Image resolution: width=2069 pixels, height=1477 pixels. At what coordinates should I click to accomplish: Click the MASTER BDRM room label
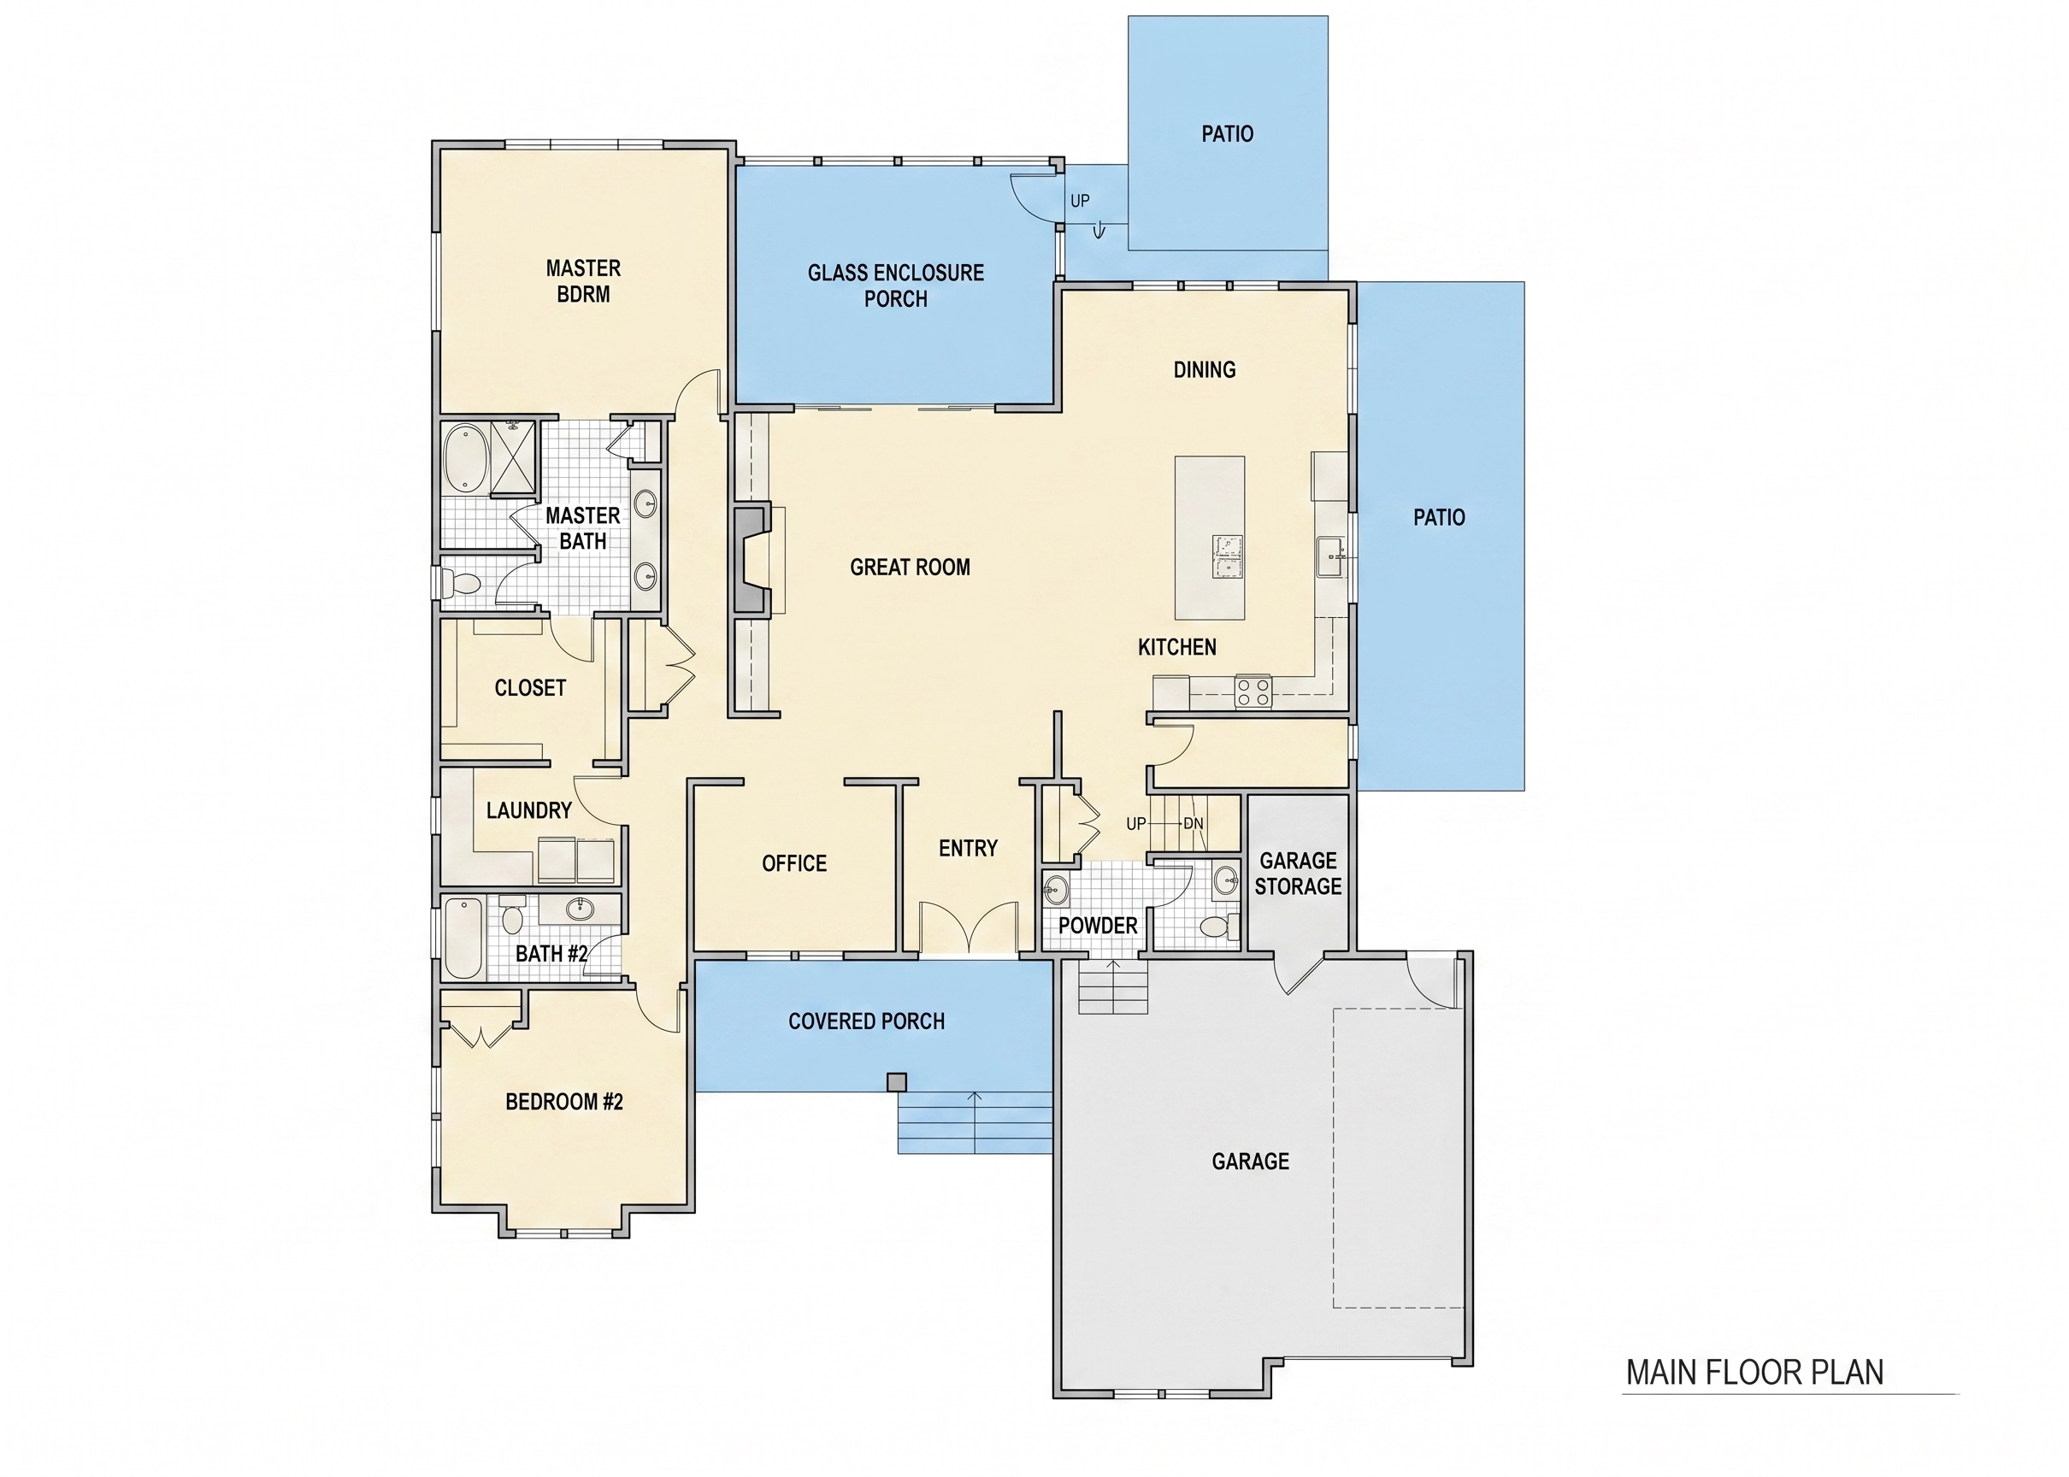583,281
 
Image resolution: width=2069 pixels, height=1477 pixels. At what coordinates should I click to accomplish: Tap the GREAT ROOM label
910,568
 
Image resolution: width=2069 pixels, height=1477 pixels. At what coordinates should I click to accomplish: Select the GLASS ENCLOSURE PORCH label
896,285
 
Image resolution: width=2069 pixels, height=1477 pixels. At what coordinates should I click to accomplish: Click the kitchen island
1210,538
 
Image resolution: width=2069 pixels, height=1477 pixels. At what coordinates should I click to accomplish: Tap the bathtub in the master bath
466,459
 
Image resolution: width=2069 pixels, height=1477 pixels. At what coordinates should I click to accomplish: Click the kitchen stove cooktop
1253,691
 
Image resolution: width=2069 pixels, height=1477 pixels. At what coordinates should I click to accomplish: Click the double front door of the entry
968,927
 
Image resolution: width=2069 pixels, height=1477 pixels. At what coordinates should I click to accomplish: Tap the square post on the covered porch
897,1082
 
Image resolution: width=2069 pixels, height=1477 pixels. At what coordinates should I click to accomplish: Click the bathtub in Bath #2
464,939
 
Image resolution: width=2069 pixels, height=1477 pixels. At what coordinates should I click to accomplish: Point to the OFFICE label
794,863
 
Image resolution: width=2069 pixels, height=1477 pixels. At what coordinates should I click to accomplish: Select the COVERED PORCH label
866,1021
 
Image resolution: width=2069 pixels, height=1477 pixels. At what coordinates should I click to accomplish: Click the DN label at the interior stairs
1194,824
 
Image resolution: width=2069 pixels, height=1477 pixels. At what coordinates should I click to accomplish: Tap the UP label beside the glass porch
1080,200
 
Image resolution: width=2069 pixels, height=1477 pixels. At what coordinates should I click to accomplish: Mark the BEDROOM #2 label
564,1103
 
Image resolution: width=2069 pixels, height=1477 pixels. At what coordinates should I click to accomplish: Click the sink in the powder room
1055,889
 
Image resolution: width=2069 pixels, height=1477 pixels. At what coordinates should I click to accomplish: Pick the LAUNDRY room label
528,810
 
